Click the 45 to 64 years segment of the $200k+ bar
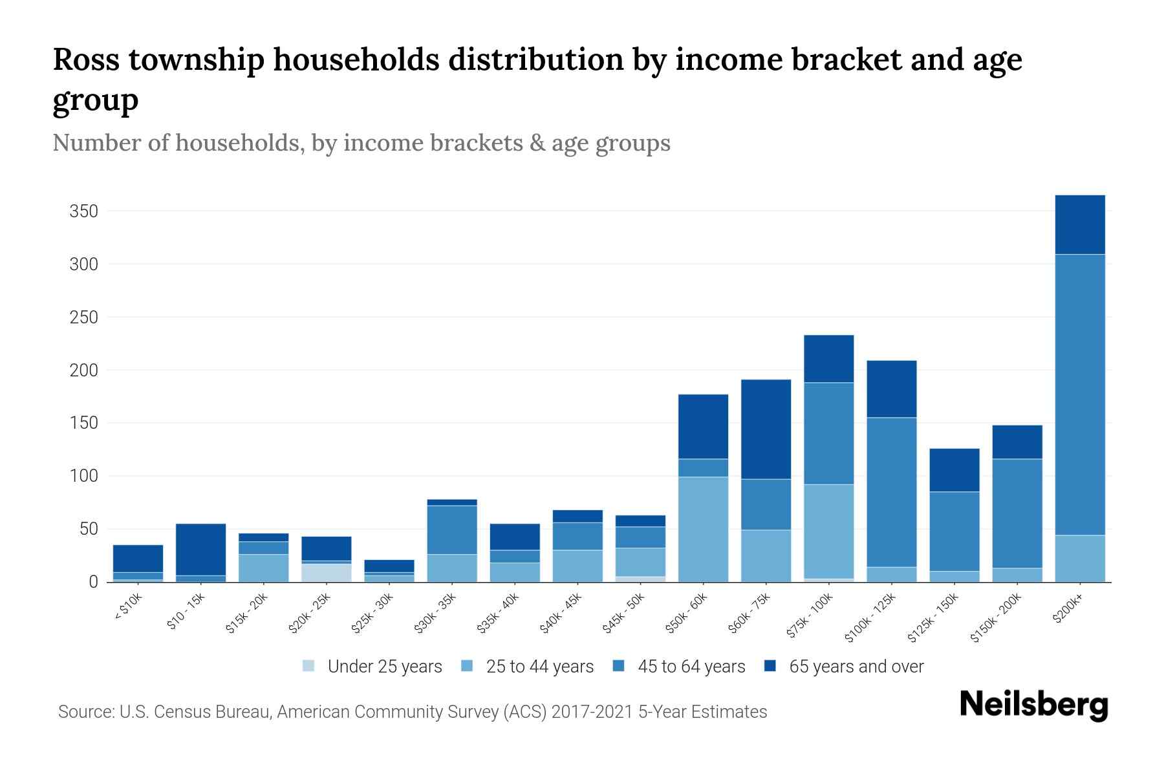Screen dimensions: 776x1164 (1079, 394)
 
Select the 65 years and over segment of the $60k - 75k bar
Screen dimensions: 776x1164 (766, 429)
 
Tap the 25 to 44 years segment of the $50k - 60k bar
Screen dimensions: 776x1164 (703, 529)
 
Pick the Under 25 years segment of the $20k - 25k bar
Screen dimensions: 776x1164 (326, 573)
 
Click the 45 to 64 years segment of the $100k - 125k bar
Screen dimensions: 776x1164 (891, 492)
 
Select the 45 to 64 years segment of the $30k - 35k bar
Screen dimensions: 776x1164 (452, 530)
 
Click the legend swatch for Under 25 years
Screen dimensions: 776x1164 (309, 666)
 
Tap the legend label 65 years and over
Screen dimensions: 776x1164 (856, 667)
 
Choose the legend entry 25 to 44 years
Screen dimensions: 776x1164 (539, 667)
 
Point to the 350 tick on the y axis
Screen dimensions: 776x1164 (83, 211)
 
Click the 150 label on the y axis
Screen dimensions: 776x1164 (83, 423)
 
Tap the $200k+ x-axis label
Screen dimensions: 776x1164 (1068, 609)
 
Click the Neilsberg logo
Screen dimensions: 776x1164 (1033, 705)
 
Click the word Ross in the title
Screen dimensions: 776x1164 (87, 59)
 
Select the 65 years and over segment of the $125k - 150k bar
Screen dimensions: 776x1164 (954, 470)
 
